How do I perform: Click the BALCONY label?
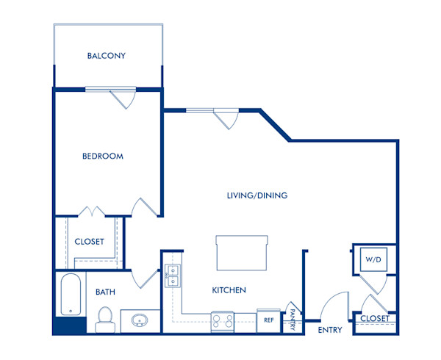[107, 56]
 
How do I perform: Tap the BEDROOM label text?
[102, 156]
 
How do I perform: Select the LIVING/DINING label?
[257, 195]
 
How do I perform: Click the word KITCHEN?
[229, 290]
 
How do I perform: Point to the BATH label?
[105, 292]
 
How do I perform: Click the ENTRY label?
[330, 330]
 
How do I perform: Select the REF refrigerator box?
[269, 320]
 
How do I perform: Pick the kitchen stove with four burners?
[223, 320]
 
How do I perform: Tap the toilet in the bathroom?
[104, 318]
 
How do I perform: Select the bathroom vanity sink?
[140, 321]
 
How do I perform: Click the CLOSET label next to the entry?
[375, 319]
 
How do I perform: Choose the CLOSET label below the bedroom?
[90, 242]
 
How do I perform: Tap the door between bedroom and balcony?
[123, 98]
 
